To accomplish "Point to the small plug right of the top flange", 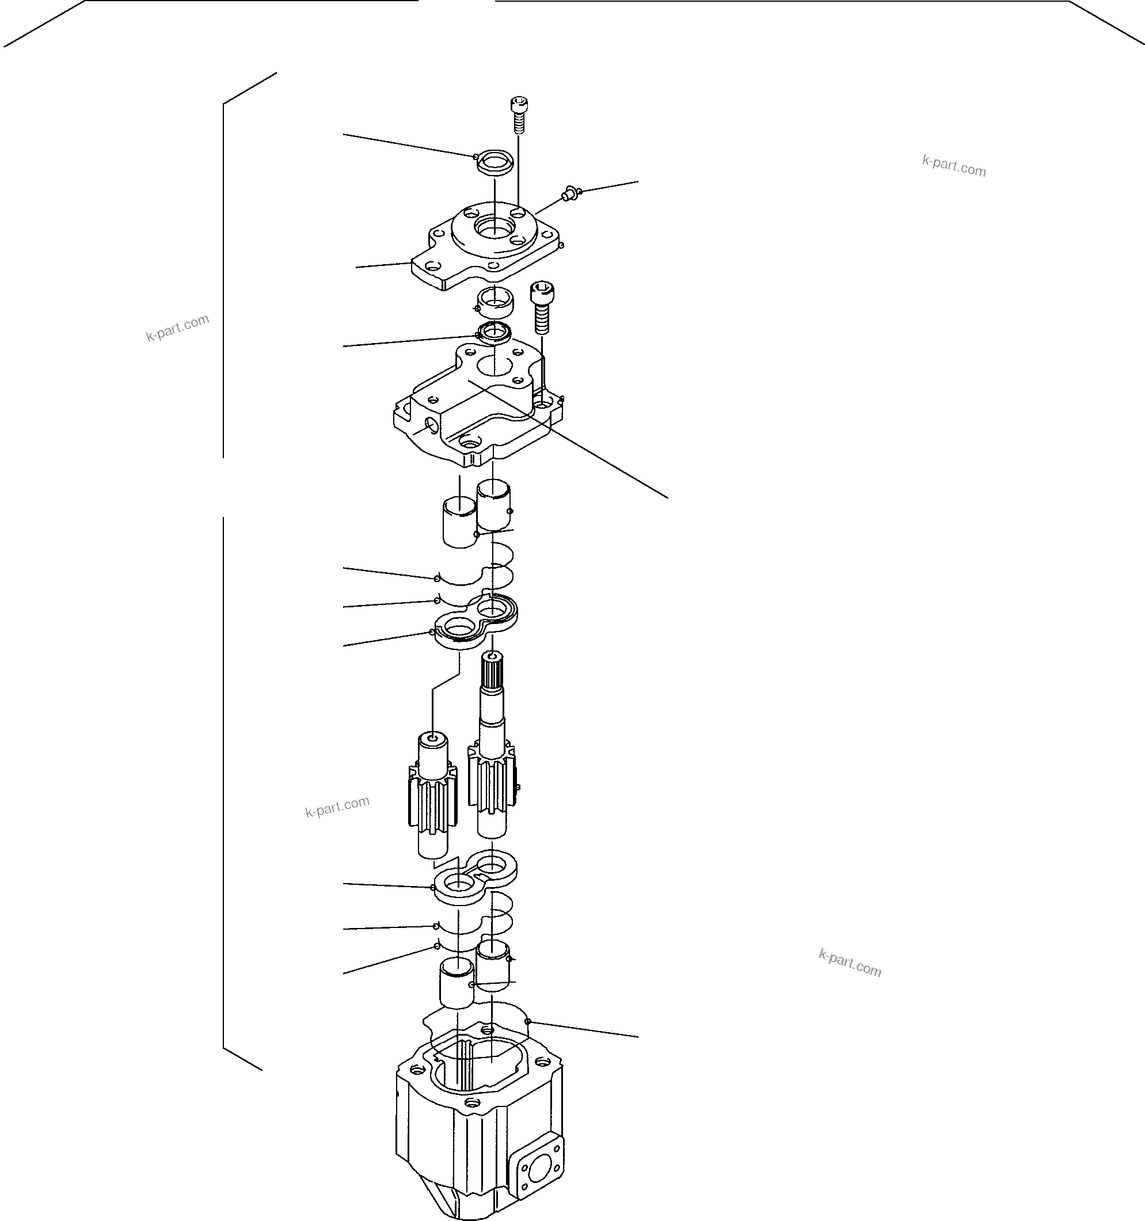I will coord(569,195).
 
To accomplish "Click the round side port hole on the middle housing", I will coord(432,424).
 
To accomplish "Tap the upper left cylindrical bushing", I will coord(459,522).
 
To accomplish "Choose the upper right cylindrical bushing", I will coord(494,505).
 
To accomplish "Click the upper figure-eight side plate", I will coord(476,622).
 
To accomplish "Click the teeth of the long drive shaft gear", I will coord(492,780).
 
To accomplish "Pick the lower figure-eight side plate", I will coord(476,877).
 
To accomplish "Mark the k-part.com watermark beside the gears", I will coord(337,806).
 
